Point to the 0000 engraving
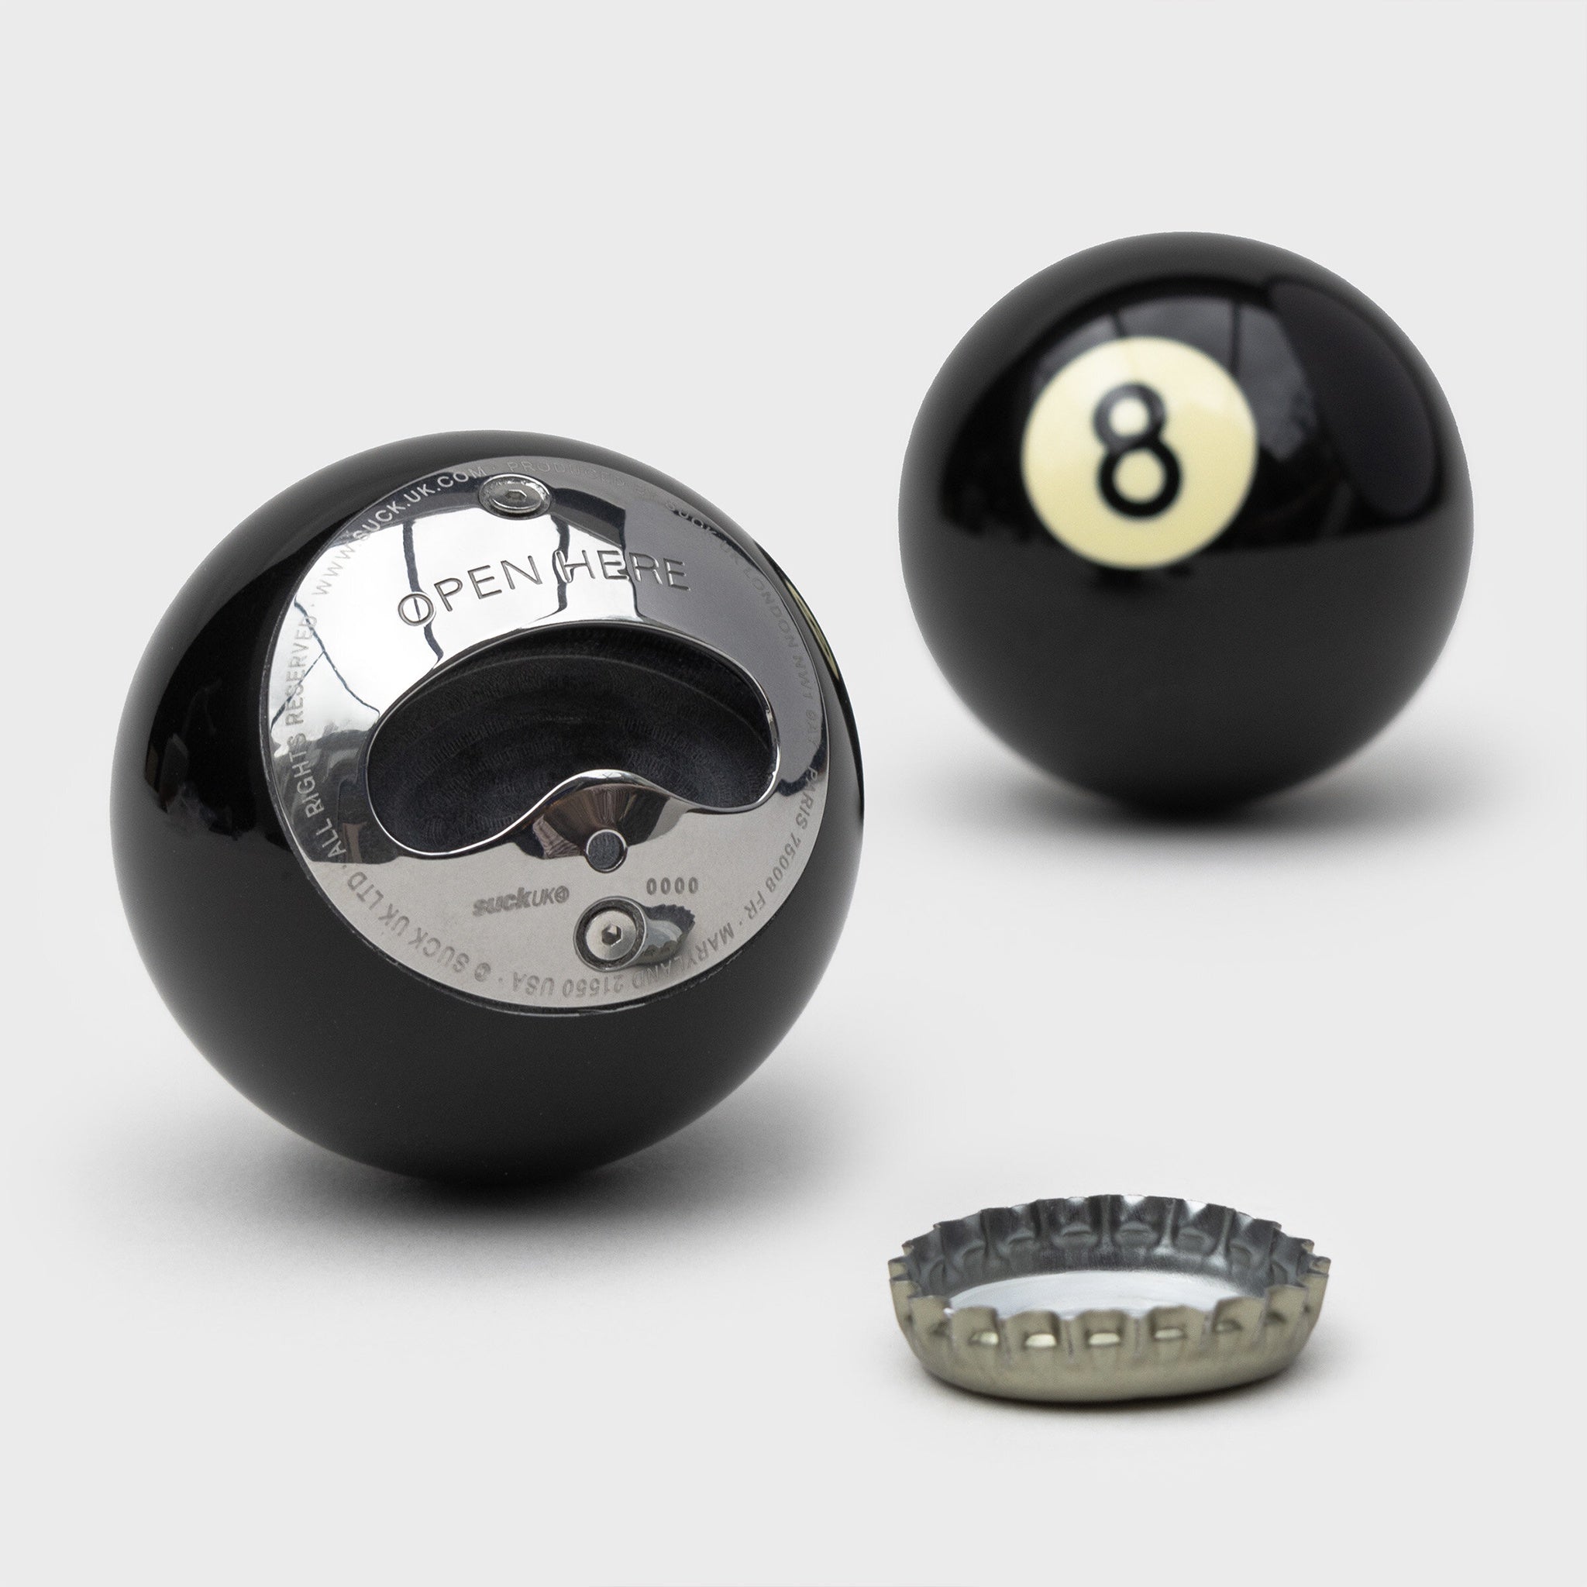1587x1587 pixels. pos(673,886)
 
